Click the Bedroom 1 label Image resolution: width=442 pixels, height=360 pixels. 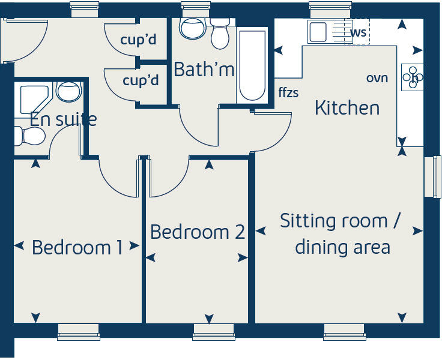point(77,247)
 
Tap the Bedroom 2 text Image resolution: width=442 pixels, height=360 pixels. point(198,232)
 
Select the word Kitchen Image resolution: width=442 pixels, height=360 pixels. point(347,108)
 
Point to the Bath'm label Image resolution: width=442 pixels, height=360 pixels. point(204,70)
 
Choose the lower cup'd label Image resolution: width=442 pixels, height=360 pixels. point(141,80)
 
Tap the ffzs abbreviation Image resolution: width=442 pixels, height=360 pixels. point(288,92)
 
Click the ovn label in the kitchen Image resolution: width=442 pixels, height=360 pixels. point(377,78)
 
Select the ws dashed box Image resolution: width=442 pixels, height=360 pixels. point(358,32)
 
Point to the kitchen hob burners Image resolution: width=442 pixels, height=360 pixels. point(413,77)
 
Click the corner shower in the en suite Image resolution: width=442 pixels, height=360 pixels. point(34,99)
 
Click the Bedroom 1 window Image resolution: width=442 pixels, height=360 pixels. point(79,332)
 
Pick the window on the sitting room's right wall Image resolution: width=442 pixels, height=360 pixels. point(432,177)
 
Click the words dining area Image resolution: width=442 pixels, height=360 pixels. point(342,247)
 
